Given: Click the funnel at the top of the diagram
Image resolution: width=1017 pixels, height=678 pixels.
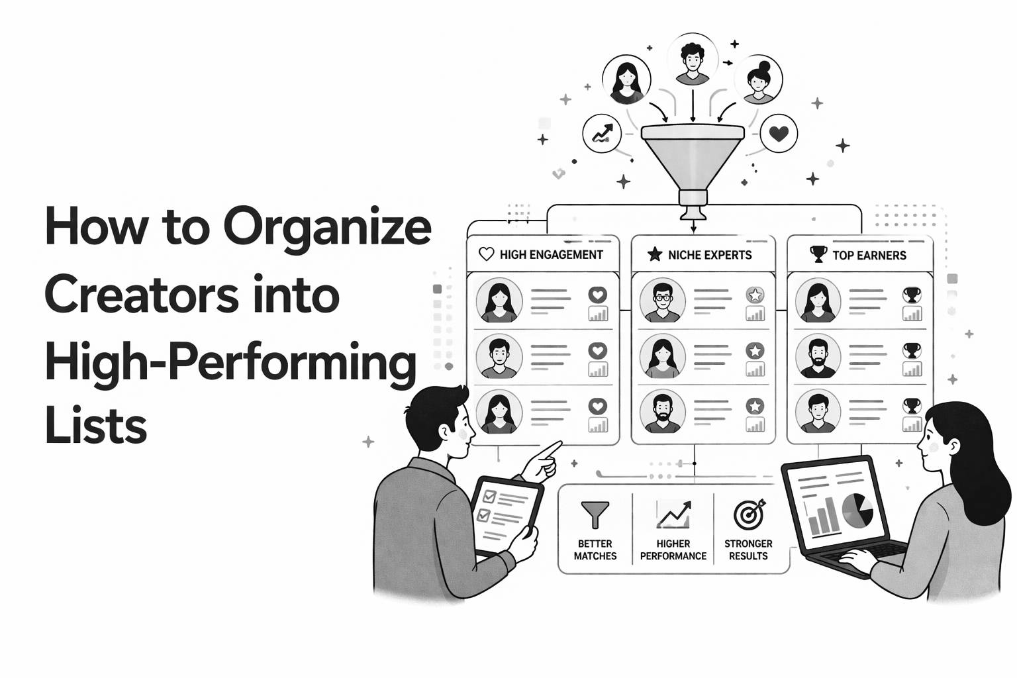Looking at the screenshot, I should click(692, 159).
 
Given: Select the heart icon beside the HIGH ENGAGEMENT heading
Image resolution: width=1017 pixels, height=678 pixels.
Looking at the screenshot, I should click(486, 254).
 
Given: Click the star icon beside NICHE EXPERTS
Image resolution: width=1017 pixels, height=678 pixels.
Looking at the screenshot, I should click(654, 254).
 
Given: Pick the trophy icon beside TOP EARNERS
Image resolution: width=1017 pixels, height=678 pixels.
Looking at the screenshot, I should click(818, 254).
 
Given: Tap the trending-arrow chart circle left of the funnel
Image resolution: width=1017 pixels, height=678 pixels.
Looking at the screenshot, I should click(603, 134).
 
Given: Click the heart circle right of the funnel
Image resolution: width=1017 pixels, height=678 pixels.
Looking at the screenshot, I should click(779, 134).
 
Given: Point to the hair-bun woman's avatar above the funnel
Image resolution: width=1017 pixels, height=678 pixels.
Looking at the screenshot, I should click(758, 80).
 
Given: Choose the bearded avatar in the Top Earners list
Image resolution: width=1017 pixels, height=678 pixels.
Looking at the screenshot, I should click(818, 357).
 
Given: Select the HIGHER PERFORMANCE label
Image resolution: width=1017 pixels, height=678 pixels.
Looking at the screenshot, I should click(673, 550).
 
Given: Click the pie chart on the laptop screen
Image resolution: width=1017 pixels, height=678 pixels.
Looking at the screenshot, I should click(857, 510).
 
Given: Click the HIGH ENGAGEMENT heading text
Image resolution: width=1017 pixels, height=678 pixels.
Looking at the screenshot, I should click(551, 255).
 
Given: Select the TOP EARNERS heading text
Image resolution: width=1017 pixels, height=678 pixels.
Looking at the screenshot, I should click(869, 255).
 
